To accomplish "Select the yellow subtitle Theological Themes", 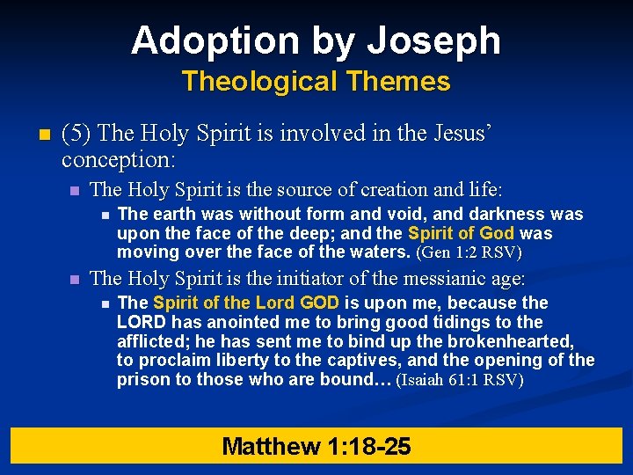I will pyautogui.click(x=316, y=82).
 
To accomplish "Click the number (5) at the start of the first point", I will pyautogui.click(x=78, y=135).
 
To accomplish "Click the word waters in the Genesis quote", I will pyautogui.click(x=380, y=252).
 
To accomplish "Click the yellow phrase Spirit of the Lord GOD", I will pyautogui.click(x=246, y=303).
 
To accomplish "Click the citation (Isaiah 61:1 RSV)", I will pyautogui.click(x=460, y=381).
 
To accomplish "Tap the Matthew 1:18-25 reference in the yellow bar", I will pyautogui.click(x=316, y=446).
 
